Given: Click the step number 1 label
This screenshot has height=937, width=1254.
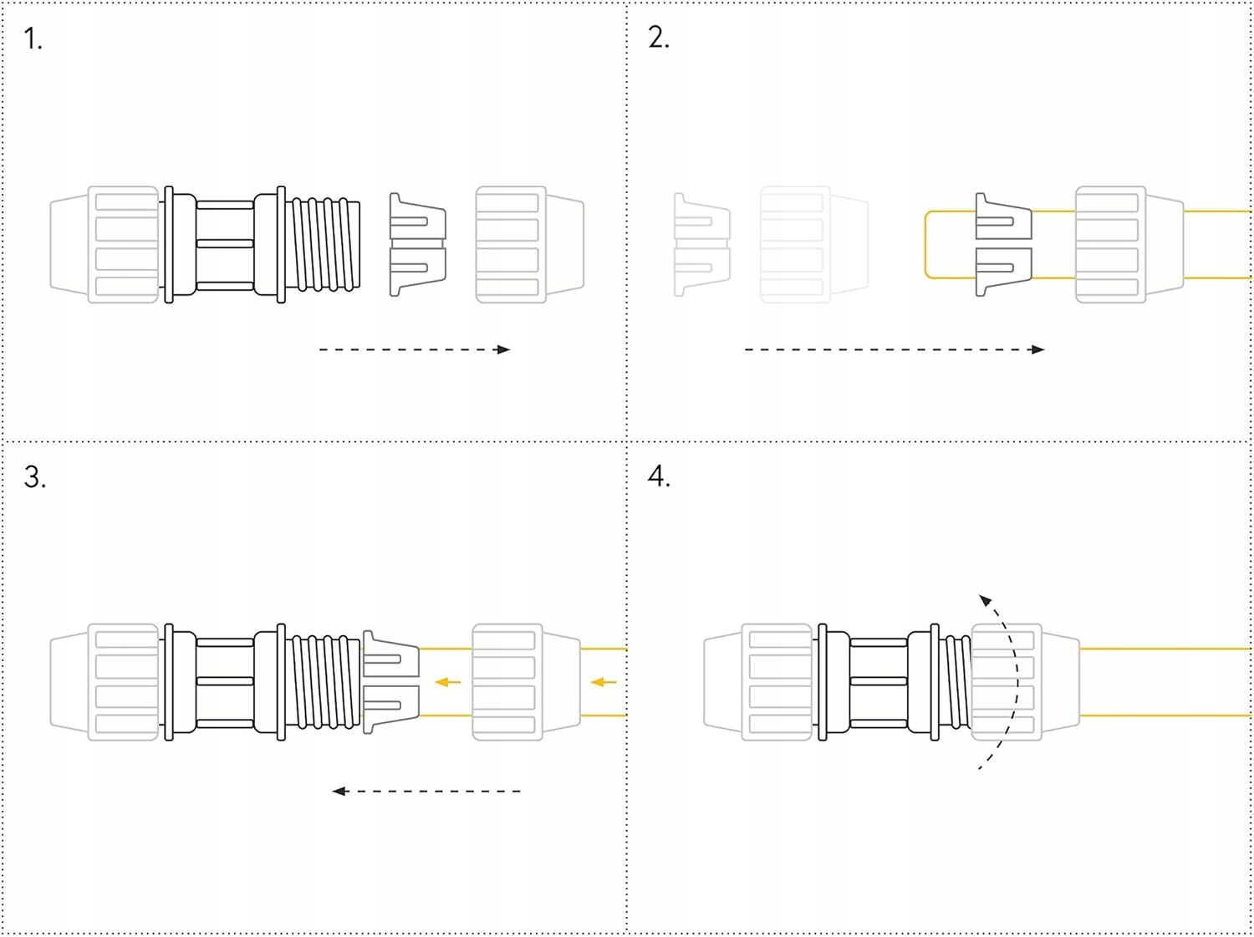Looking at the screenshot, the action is pyautogui.click(x=33, y=39).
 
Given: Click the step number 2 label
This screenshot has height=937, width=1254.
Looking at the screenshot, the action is pyautogui.click(x=659, y=38).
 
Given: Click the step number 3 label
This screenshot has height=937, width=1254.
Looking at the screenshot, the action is pyautogui.click(x=35, y=476).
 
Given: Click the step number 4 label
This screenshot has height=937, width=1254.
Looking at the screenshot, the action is pyautogui.click(x=660, y=476).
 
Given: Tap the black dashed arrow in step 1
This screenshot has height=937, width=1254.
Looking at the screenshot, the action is pyautogui.click(x=415, y=349).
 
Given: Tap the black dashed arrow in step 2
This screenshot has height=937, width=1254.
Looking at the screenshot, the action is pyautogui.click(x=895, y=349).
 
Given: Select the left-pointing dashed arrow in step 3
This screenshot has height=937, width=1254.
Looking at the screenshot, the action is pyautogui.click(x=426, y=792).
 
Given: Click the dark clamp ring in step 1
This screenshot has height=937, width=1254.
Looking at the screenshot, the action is pyautogui.click(x=418, y=244).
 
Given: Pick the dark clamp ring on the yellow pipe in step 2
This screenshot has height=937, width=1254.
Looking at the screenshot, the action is pyautogui.click(x=1004, y=244).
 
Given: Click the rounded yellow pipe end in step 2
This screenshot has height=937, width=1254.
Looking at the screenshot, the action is pyautogui.click(x=926, y=244).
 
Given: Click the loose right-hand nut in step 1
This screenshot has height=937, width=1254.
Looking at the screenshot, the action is pyautogui.click(x=529, y=244).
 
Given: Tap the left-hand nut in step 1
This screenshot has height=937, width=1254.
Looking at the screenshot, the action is pyautogui.click(x=104, y=244).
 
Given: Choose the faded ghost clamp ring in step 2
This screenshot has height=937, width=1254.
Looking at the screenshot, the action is pyautogui.click(x=702, y=244).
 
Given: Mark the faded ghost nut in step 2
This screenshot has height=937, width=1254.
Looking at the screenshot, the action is pyautogui.click(x=814, y=244).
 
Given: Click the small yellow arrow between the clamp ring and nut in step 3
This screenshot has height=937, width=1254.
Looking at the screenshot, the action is pyautogui.click(x=448, y=682).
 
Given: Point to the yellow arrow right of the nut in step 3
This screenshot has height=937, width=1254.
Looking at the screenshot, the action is pyautogui.click(x=604, y=682).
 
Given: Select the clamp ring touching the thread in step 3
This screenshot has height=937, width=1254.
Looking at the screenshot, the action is pyautogui.click(x=391, y=682).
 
